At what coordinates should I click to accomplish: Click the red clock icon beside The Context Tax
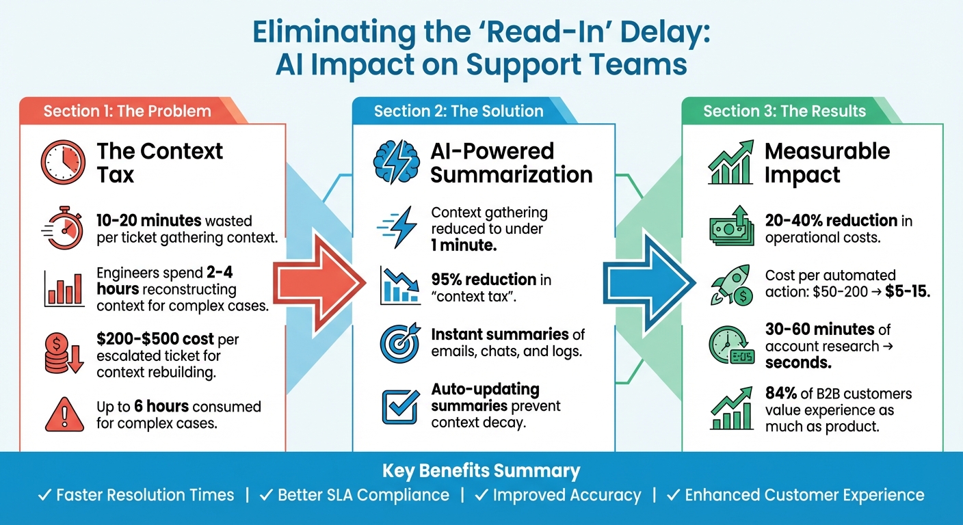click(x=63, y=162)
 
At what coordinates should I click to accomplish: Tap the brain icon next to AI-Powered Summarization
click(x=395, y=162)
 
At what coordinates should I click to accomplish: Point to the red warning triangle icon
click(x=63, y=414)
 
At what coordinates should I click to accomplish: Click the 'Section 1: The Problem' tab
click(x=127, y=111)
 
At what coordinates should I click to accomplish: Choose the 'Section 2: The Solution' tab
click(x=458, y=111)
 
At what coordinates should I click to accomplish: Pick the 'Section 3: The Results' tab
click(x=784, y=111)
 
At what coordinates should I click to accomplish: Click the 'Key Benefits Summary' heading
click(x=481, y=471)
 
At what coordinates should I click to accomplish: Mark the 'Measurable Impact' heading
click(x=827, y=163)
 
